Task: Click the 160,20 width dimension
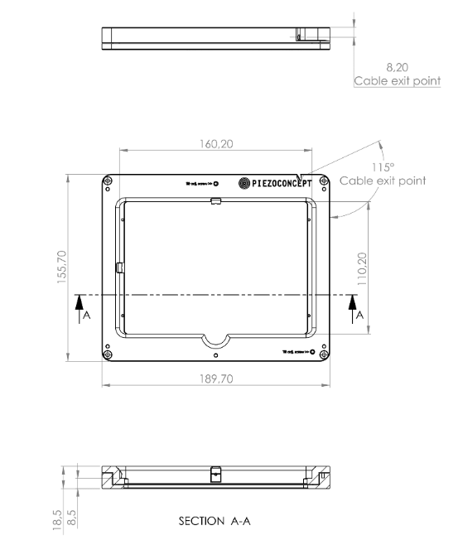(215, 143)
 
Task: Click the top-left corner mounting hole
(108, 182)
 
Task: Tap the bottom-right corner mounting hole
(323, 354)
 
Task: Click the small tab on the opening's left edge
(119, 267)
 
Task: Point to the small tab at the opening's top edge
(215, 201)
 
